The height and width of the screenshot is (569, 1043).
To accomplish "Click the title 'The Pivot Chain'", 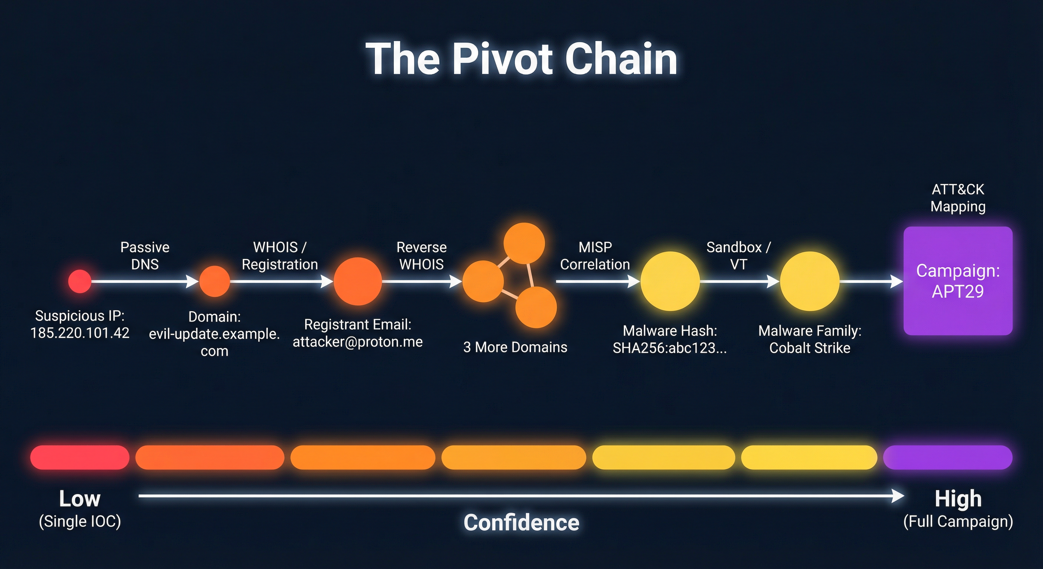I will click(x=521, y=59).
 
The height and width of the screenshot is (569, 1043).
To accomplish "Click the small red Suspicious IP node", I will click(x=80, y=281).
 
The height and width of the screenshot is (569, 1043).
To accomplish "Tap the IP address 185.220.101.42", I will click(x=80, y=333).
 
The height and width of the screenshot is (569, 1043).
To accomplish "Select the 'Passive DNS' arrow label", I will click(x=145, y=256).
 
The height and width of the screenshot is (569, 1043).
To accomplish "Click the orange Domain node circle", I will click(x=214, y=281).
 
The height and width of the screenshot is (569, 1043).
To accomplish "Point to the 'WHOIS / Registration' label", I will click(x=280, y=256).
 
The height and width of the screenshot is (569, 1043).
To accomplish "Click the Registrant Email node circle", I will click(x=357, y=281).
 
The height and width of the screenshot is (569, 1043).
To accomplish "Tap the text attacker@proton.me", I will click(x=357, y=342).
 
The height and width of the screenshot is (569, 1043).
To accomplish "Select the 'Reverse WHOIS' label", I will click(x=421, y=256).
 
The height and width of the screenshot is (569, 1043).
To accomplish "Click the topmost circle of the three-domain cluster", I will click(x=524, y=243).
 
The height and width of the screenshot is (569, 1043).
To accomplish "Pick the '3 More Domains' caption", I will click(x=515, y=347).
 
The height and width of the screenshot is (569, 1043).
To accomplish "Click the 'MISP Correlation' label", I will click(x=595, y=256).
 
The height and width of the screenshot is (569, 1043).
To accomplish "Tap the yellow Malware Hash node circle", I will click(x=670, y=281).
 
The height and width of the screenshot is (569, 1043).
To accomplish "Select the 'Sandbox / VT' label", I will click(x=739, y=256).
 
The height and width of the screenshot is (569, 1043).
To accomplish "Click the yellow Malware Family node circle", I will click(x=810, y=281).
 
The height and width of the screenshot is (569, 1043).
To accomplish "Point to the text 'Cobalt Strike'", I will click(x=810, y=348).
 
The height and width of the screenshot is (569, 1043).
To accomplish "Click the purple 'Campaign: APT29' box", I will click(x=958, y=281).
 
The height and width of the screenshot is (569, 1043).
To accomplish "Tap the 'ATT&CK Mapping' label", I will click(x=958, y=198).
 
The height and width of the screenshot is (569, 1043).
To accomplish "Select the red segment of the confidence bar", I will click(x=80, y=457).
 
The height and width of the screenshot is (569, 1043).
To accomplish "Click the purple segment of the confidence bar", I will click(x=947, y=457).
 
